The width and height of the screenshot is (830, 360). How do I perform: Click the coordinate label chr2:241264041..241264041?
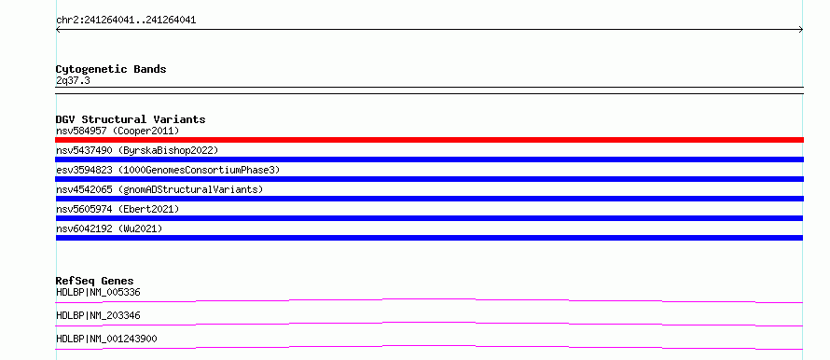point(126,21)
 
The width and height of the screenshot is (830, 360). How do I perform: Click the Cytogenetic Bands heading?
point(111,69)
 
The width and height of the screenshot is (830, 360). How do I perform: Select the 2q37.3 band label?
point(73,80)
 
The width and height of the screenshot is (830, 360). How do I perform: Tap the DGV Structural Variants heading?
point(131,119)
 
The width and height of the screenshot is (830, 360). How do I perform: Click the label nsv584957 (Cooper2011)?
point(118,131)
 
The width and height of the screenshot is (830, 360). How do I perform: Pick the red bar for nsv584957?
point(429,140)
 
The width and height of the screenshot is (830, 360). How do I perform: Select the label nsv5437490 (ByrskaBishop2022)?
point(137,150)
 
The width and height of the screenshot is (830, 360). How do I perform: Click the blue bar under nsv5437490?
point(429,159)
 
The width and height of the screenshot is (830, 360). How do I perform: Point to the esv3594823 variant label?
point(168,170)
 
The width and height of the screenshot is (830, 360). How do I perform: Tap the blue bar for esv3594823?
point(429,179)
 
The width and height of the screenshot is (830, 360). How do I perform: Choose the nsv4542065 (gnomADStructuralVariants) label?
point(159,189)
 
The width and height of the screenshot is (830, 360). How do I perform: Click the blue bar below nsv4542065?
point(429,199)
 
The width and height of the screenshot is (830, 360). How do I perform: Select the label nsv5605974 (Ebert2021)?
point(118,209)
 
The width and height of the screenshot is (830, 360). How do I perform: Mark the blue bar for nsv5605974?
point(429,218)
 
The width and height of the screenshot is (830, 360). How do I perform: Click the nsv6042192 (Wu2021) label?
point(109,228)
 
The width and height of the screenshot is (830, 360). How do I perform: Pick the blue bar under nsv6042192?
point(429,238)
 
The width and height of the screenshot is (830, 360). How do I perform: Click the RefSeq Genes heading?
point(95,281)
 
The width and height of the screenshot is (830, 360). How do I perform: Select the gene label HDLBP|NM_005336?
point(98,292)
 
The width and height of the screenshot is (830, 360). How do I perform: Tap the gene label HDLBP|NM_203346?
point(98,315)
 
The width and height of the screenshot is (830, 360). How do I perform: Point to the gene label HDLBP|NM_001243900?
point(106,339)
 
